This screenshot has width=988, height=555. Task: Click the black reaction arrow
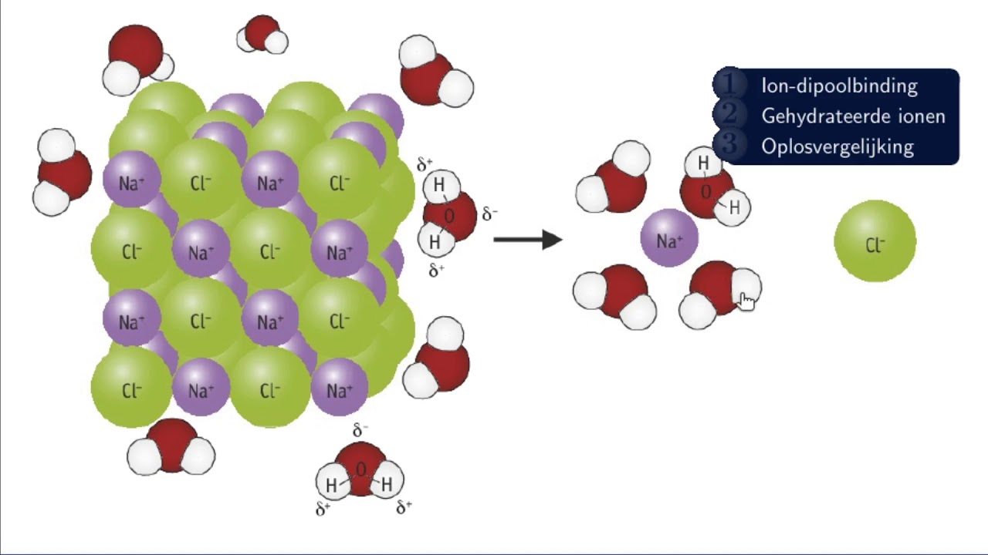528,240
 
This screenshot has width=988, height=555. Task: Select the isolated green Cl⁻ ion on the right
875,241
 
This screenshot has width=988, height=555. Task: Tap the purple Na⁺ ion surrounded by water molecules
669,238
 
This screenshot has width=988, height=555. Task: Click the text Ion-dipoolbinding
839,86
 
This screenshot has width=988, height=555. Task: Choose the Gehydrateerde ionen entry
853,116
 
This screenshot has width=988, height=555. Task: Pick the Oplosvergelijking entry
837,146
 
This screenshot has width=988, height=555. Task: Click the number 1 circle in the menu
730,84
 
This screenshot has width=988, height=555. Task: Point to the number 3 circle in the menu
730,144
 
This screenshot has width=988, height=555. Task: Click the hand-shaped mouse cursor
746,301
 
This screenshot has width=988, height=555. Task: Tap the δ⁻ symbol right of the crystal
489,214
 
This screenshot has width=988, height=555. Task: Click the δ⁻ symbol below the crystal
360,430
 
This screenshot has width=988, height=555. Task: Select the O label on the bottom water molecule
360,470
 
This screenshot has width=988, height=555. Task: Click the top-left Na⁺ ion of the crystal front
131,180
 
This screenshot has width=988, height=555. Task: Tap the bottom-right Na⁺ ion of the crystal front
339,387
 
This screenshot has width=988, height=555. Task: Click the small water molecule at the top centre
262,35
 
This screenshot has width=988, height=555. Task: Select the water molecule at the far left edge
62,172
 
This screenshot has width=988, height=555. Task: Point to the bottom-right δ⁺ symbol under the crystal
404,507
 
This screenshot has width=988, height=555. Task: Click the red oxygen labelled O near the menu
706,193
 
